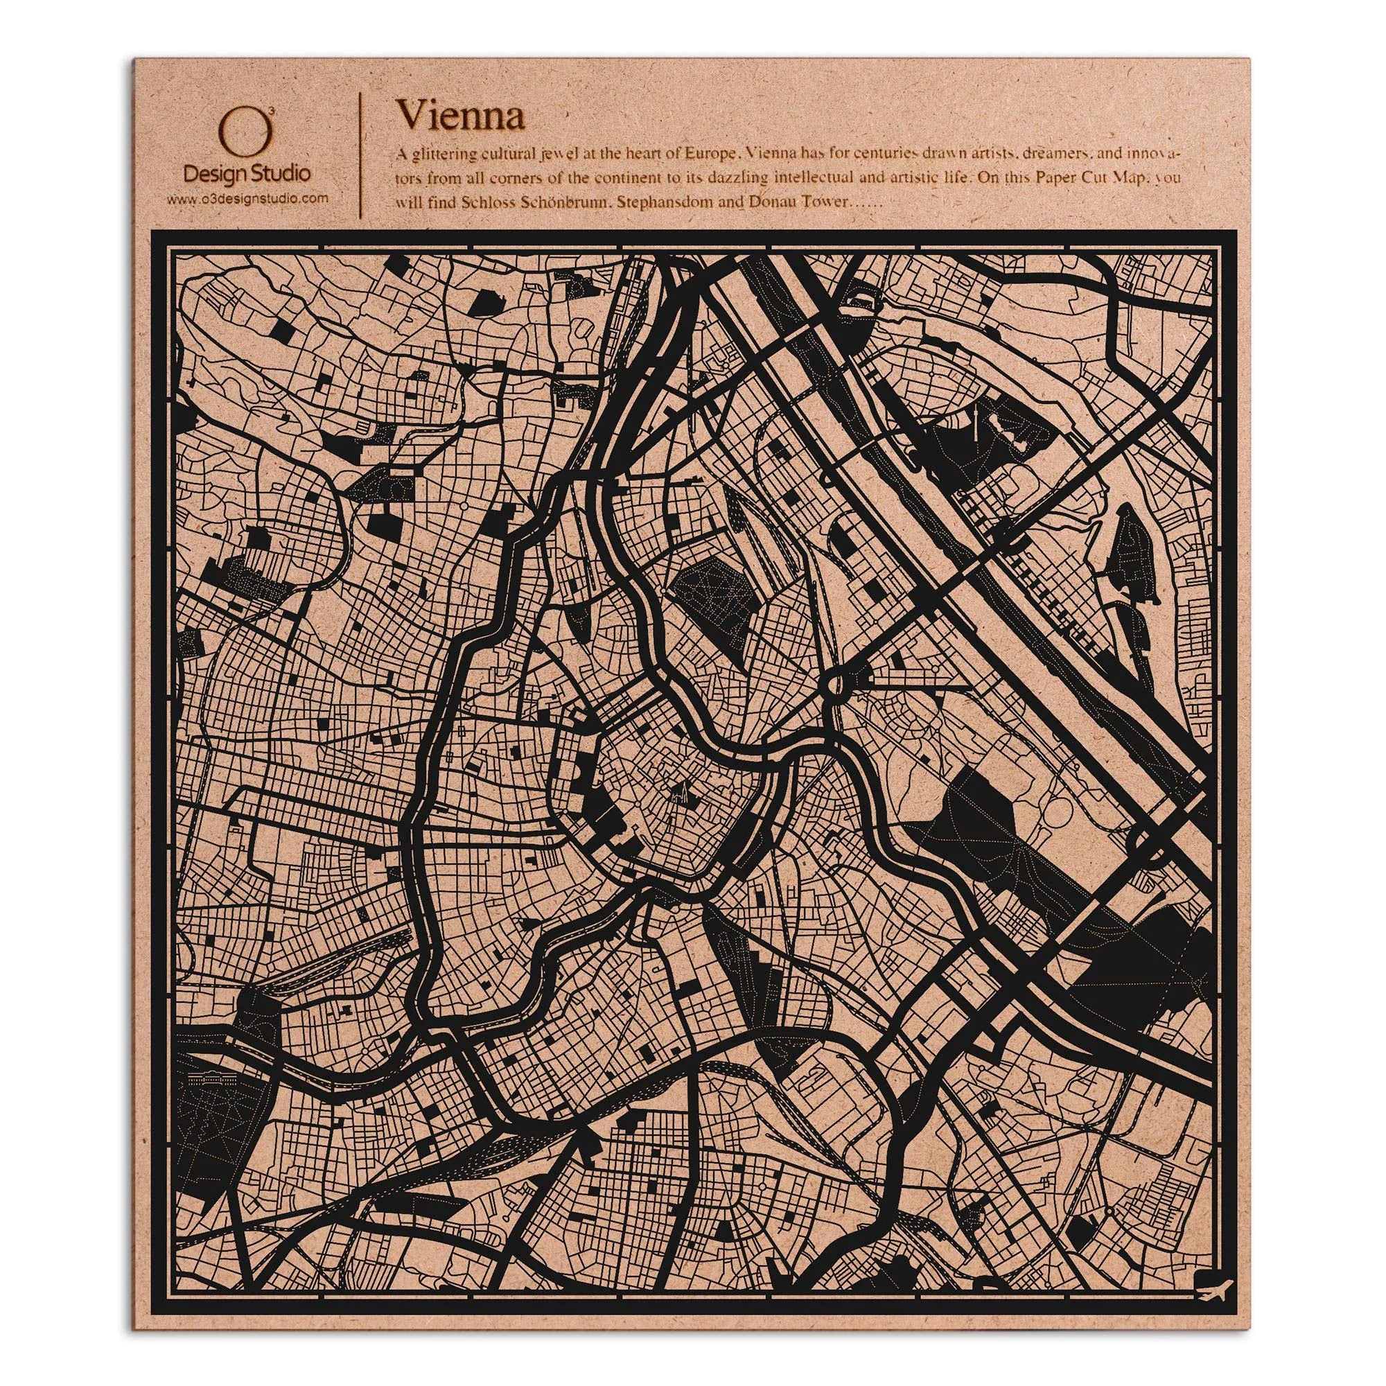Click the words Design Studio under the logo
coord(247,175)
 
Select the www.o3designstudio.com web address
coord(247,198)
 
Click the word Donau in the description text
coord(768,203)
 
